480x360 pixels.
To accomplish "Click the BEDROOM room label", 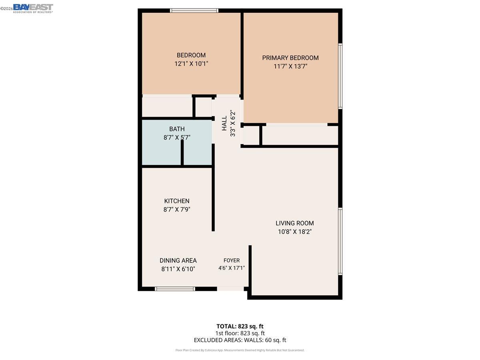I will [x=191, y=55].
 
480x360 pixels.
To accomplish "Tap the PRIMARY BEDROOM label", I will [x=290, y=58].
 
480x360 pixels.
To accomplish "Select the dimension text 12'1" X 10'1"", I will [x=191, y=64].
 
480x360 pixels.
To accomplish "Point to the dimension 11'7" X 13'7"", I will [x=290, y=66].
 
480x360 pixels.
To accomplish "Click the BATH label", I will [x=177, y=129].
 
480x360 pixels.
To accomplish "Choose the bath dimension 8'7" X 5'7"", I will [x=177, y=138].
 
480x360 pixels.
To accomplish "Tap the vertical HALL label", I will [x=224, y=123].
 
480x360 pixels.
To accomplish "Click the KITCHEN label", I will [x=177, y=201].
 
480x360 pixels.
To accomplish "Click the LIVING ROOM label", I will [x=295, y=223].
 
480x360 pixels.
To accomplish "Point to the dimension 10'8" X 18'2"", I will [x=295, y=232].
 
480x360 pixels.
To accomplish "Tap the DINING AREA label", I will [x=178, y=261].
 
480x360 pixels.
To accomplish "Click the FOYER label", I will [x=232, y=261].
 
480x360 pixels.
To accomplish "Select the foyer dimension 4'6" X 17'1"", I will [x=232, y=268].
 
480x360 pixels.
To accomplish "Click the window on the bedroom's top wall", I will [x=194, y=10].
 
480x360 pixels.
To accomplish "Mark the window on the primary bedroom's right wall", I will [x=340, y=76].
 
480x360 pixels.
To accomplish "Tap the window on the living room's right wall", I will [x=340, y=241].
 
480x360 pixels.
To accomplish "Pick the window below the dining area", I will [x=175, y=288].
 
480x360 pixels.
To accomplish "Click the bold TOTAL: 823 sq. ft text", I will [x=240, y=326].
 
